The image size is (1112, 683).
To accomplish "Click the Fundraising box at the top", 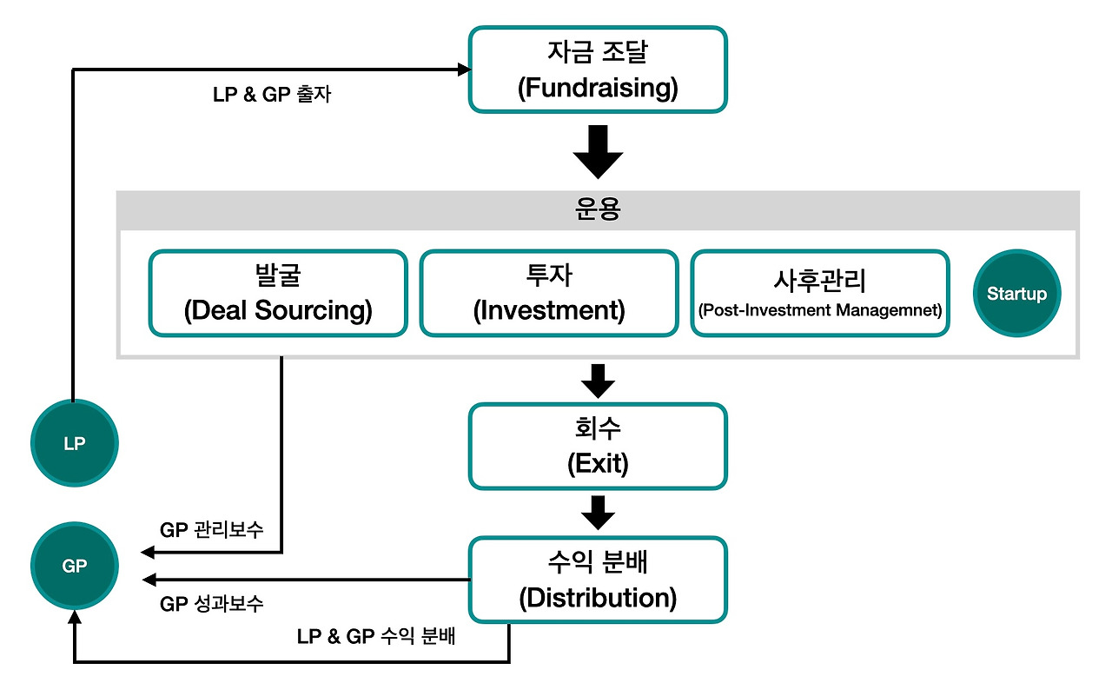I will (x=598, y=70).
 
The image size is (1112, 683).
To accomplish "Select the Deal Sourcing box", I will (x=278, y=294).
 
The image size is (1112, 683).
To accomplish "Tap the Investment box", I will (x=549, y=294).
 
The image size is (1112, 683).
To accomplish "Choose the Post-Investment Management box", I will (x=820, y=294).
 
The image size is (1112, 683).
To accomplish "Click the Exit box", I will (x=598, y=446).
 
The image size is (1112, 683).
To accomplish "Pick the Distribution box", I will (x=598, y=580).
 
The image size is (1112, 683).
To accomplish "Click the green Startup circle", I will (x=1017, y=294).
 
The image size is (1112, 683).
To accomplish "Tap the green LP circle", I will (x=75, y=444).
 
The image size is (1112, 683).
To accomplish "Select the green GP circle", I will (x=75, y=566).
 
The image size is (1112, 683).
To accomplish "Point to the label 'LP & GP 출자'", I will (x=272, y=96).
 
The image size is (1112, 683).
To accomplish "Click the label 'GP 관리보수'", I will (x=212, y=530).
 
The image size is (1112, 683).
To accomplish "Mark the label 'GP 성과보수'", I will (x=212, y=604).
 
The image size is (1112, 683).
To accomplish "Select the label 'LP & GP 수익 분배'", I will (x=376, y=636).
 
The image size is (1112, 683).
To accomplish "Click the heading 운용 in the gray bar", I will (x=598, y=209).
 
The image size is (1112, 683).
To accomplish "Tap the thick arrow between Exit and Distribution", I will (x=598, y=513).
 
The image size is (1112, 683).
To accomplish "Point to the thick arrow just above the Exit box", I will (x=598, y=381).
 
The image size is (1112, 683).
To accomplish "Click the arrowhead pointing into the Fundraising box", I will (x=461, y=70).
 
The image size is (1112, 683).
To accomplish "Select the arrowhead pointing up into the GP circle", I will (x=75, y=617).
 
